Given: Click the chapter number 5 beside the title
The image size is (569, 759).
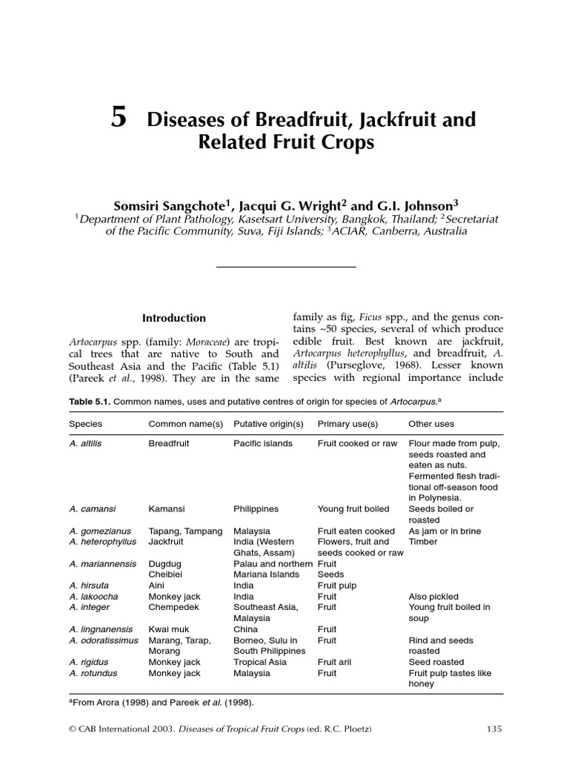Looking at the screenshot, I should tap(119, 118).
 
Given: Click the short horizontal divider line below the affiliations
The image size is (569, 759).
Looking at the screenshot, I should tap(285, 267).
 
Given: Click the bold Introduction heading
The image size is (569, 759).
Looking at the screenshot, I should tap(174, 318).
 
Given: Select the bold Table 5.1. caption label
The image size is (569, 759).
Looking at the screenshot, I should tap(90, 402).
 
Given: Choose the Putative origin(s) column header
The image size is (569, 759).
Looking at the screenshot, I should tap(268, 424).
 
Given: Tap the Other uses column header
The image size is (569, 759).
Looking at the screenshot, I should tap(431, 424).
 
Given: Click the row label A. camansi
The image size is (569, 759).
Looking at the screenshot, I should tap(93, 509).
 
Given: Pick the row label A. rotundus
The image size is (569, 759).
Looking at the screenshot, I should tap(93, 673).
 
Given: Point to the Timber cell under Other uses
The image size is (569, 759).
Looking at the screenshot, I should tap(423, 542).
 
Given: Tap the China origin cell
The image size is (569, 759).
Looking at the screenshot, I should tap(246, 629).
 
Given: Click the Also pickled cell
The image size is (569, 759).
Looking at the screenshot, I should tap(433, 597).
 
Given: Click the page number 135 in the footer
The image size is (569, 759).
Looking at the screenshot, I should tap(494, 729).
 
